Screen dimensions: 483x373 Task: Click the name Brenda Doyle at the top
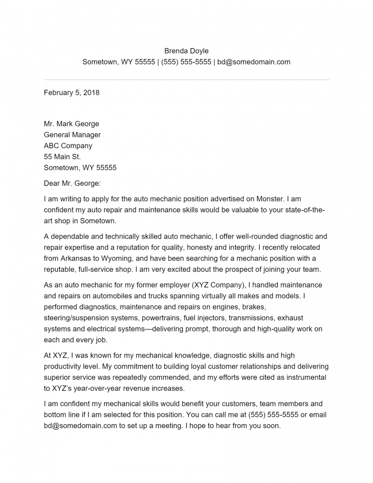coord(186,51)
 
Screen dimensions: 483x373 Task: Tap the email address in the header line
coord(254,62)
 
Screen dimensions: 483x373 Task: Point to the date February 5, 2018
coord(71,92)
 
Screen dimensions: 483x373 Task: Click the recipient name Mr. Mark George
coord(71,124)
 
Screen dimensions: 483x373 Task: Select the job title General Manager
coord(72,135)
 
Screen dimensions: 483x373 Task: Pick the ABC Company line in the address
coord(68,146)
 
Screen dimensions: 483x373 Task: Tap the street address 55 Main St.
coord(62,156)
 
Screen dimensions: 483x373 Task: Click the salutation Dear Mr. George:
coord(72,183)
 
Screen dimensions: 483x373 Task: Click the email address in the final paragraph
coord(80,426)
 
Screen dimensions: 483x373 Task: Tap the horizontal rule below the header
coord(186,80)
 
